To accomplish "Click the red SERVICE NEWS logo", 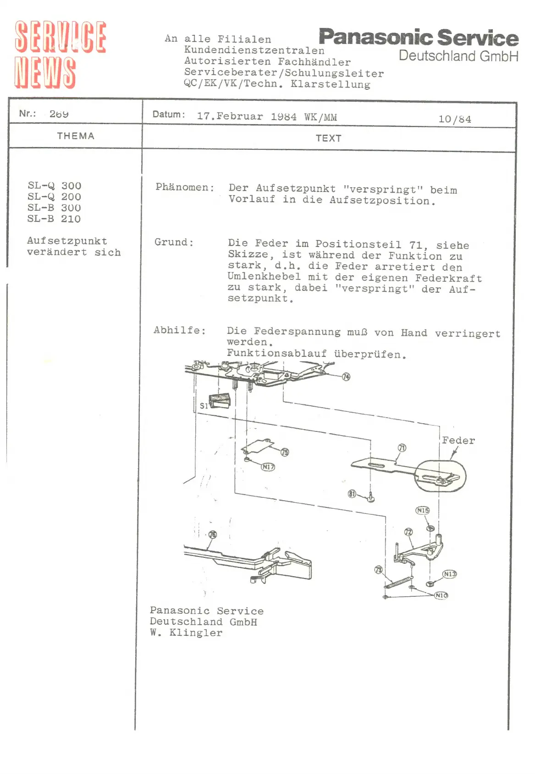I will [x=60, y=54].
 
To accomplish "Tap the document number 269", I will [x=59, y=114].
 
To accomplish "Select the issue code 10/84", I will [x=454, y=119].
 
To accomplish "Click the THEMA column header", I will [x=76, y=136].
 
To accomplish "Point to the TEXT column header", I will [x=328, y=138].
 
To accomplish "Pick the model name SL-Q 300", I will [x=55, y=185].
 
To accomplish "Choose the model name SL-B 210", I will [x=54, y=219].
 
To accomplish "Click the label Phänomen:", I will [x=185, y=187].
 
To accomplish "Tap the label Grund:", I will [x=174, y=242].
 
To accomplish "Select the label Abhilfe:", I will [x=179, y=330].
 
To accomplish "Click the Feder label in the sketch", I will [x=458, y=441].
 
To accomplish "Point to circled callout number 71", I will [x=402, y=448].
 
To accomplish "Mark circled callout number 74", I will [x=346, y=376].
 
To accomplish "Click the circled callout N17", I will [x=268, y=467].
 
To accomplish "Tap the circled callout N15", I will [x=422, y=510].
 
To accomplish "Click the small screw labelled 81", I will [x=371, y=497].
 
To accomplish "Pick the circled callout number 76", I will [x=212, y=534].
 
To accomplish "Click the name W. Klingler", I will [x=186, y=633].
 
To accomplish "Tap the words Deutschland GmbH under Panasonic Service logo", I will [x=458, y=56].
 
